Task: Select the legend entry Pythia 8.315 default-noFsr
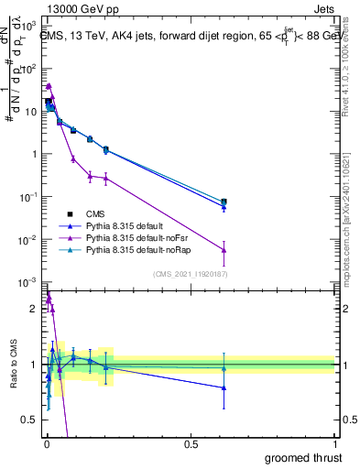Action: coord(127,237)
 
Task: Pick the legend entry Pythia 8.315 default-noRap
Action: coord(129,249)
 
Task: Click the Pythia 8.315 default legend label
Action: coord(117,224)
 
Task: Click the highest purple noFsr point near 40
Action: coord(49,85)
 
